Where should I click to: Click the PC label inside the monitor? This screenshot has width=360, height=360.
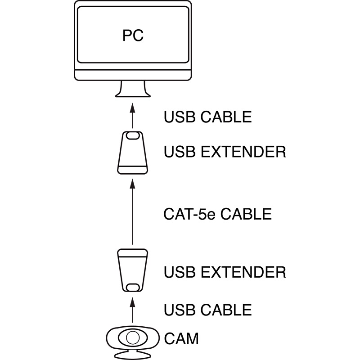click(133, 36)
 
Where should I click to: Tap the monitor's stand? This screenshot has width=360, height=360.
click(133, 90)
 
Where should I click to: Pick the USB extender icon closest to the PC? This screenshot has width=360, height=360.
click(133, 153)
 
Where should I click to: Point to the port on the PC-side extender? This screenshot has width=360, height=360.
click(133, 135)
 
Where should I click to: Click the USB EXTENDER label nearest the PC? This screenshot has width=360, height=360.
click(225, 152)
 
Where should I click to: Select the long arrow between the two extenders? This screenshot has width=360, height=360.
click(133, 211)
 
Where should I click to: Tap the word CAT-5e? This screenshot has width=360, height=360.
click(189, 214)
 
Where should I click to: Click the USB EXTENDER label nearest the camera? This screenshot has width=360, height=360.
click(225, 272)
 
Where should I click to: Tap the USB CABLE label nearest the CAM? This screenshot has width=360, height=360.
click(207, 310)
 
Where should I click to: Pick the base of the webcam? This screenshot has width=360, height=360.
click(133, 355)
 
